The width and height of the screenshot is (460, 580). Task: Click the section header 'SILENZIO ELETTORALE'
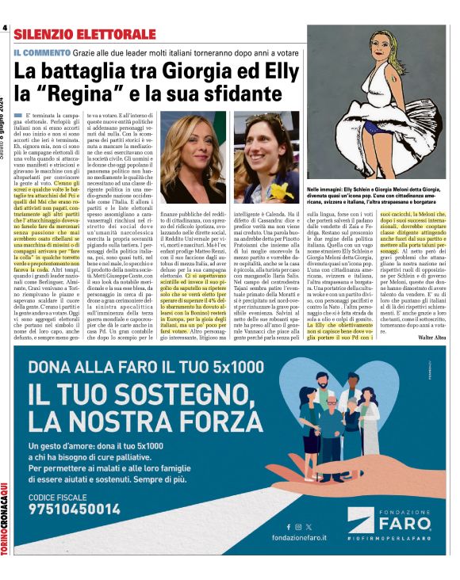point(84,33)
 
